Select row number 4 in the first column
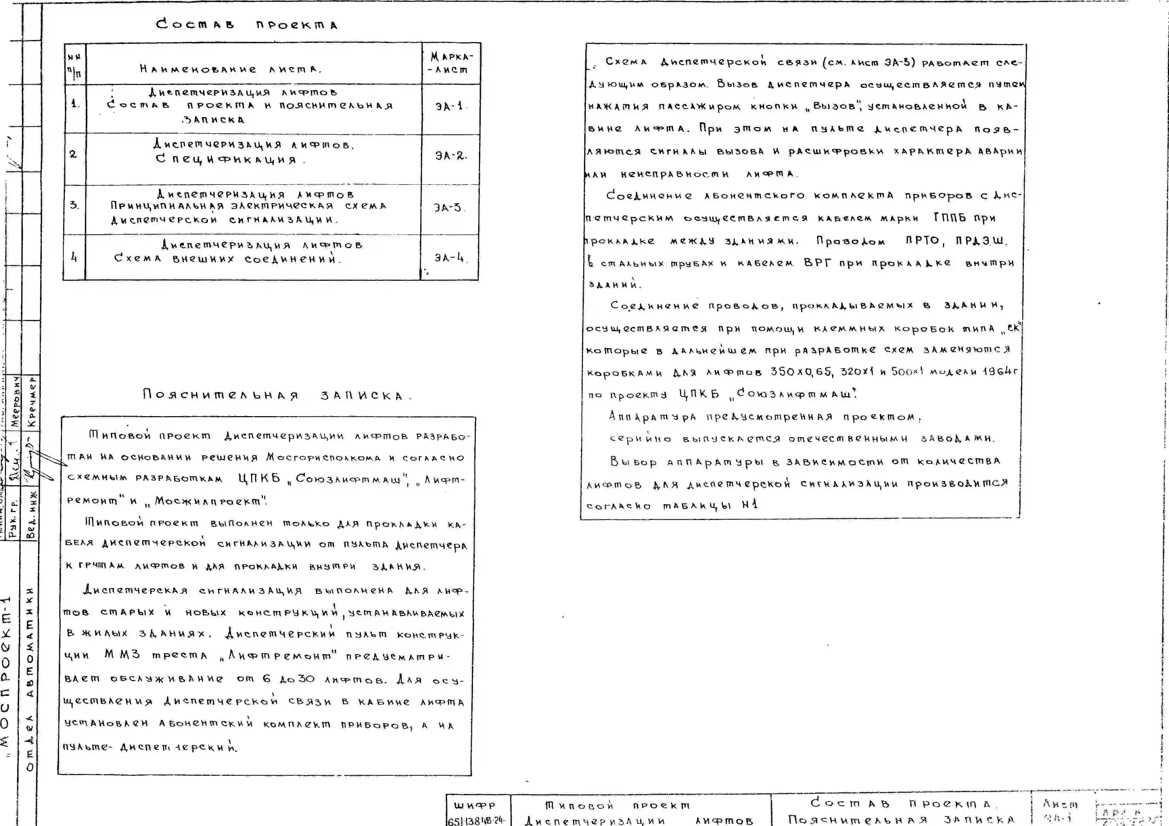coord(74,258)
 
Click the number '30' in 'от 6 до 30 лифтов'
coord(306,679)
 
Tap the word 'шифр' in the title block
coord(474,805)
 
